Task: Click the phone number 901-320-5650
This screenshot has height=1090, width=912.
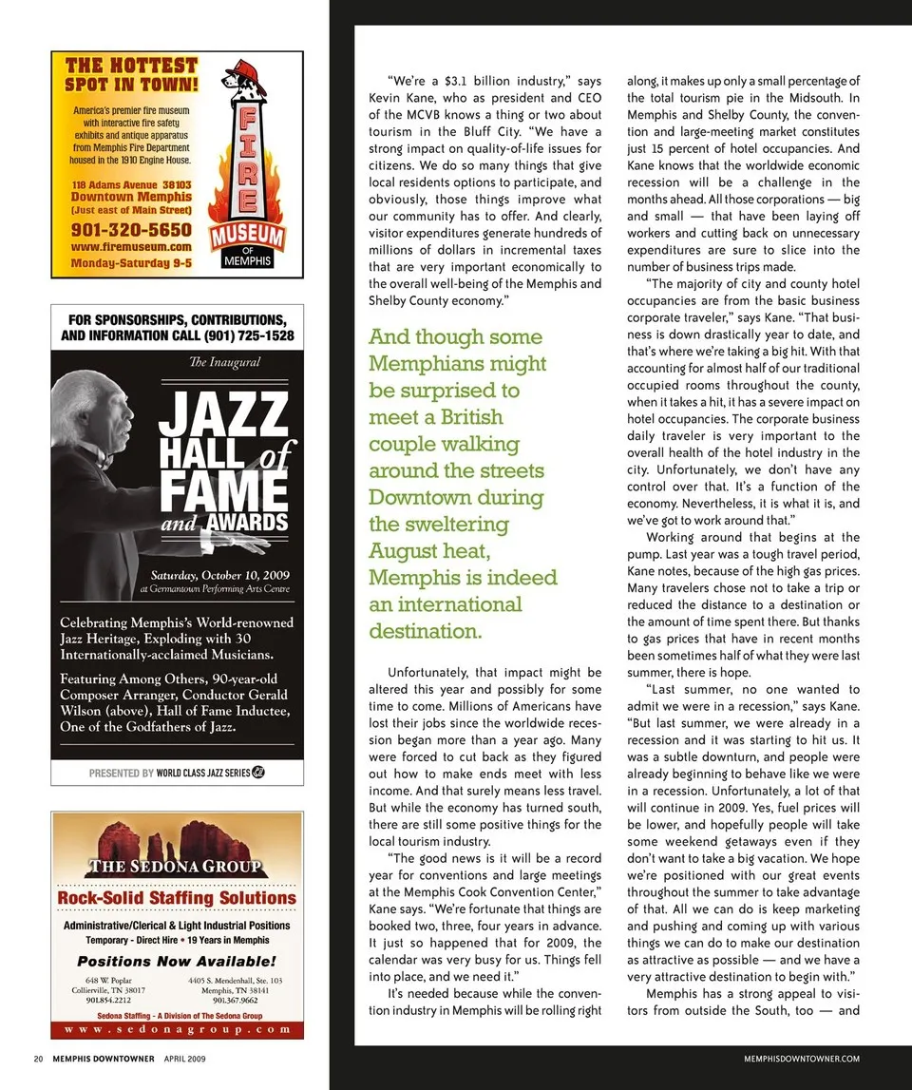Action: point(131,229)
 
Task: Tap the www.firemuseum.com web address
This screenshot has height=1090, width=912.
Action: point(131,247)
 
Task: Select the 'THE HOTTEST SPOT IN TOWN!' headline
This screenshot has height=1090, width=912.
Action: point(131,74)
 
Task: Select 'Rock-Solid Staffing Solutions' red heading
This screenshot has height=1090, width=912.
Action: point(177,898)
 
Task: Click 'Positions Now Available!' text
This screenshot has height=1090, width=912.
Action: point(177,962)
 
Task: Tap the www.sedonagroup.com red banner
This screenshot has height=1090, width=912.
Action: point(177,1028)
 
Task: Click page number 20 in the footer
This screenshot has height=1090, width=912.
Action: point(38,1058)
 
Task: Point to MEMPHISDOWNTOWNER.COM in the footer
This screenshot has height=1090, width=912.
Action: point(803,1058)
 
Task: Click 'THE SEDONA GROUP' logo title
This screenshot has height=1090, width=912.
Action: point(175,866)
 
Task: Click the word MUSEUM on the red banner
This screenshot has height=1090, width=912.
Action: point(247,235)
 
